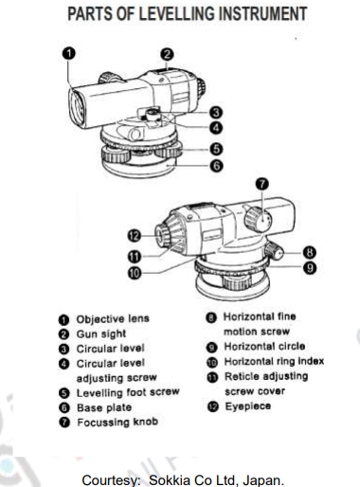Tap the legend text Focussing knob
(x=113, y=420)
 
